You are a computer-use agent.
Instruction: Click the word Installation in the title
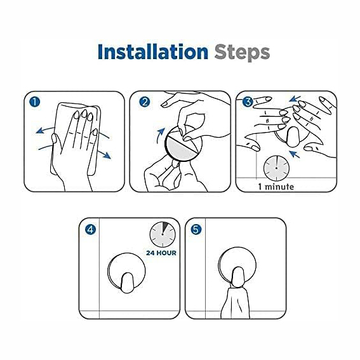pyautogui.click(x=153, y=51)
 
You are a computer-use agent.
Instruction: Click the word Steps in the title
pyautogui.click(x=242, y=53)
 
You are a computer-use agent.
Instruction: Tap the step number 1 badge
pyautogui.click(x=35, y=102)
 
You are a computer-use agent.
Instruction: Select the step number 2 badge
pyautogui.click(x=145, y=102)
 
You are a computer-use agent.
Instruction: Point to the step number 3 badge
pyautogui.click(x=248, y=102)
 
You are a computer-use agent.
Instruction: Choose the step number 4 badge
pyautogui.click(x=90, y=229)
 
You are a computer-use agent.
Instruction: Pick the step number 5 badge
pyautogui.click(x=196, y=229)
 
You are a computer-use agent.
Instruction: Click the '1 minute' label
pyautogui.click(x=276, y=187)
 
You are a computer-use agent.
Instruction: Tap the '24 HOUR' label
pyautogui.click(x=161, y=253)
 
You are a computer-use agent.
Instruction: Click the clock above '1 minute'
pyautogui.click(x=276, y=168)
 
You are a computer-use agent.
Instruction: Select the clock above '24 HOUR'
pyautogui.click(x=163, y=234)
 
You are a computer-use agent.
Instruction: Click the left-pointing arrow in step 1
pyautogui.click(x=45, y=130)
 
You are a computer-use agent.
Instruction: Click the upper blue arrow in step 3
pyautogui.click(x=295, y=99)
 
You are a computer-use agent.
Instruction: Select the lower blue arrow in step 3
pyautogui.click(x=295, y=154)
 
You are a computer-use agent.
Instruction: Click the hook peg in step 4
pyautogui.click(x=127, y=283)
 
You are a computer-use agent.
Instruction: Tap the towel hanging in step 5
pyautogui.click(x=236, y=303)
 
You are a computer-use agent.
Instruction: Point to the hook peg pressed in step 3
pyautogui.click(x=293, y=137)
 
